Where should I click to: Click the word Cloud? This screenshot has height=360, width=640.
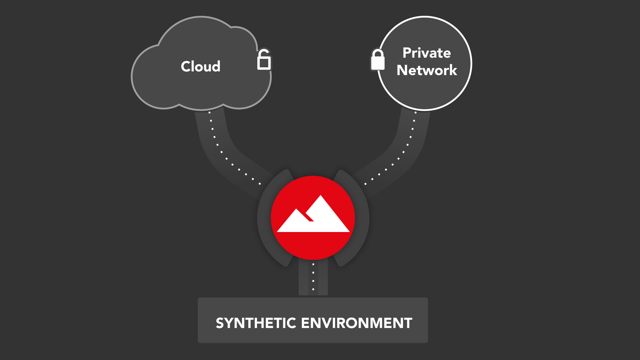200,66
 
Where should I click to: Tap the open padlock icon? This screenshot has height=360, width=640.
264,60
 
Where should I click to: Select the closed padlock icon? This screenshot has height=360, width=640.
378,60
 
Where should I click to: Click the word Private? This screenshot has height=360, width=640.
426,53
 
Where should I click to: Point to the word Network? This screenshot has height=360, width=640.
427,70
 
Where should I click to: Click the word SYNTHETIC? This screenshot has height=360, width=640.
256,323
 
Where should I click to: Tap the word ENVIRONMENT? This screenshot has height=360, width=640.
356,323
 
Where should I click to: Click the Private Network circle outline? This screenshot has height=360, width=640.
471,63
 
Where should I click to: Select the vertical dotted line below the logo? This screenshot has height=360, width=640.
313,277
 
